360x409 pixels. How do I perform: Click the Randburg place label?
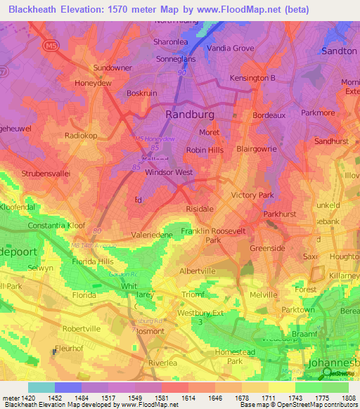190,114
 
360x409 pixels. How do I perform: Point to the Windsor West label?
169,172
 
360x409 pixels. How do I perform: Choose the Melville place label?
264,294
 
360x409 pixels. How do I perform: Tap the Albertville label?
198,271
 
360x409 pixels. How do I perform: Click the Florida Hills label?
92,261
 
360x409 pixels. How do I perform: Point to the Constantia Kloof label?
56,226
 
